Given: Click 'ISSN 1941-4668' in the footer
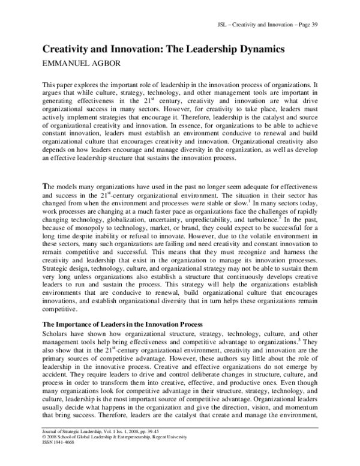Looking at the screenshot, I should (57, 452).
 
